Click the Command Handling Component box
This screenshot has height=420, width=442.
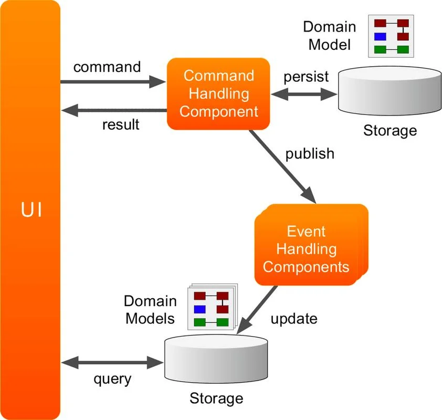click(x=218, y=94)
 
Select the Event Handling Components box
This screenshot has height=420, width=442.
click(x=311, y=245)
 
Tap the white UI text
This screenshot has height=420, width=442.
click(x=31, y=209)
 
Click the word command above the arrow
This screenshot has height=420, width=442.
click(x=107, y=67)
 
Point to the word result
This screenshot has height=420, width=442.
click(x=121, y=124)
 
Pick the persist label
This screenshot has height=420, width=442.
click(x=306, y=77)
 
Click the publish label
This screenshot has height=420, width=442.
click(x=310, y=154)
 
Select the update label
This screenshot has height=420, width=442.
click(x=294, y=319)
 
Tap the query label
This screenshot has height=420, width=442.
click(x=112, y=379)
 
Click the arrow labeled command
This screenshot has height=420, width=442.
click(x=113, y=82)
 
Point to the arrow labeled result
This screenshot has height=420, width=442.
click(x=114, y=110)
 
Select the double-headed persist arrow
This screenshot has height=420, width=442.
click(x=304, y=94)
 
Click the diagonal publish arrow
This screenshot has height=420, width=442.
click(x=282, y=166)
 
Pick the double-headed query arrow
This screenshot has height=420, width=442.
click(x=112, y=362)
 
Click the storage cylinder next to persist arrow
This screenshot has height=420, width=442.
click(x=390, y=91)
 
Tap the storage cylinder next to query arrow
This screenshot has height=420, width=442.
click(x=216, y=359)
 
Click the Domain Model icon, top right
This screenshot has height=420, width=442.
click(x=391, y=36)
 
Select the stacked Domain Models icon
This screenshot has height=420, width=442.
click(x=213, y=307)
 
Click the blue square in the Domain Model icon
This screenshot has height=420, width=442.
click(x=380, y=36)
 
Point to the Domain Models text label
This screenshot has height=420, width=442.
click(x=150, y=310)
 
